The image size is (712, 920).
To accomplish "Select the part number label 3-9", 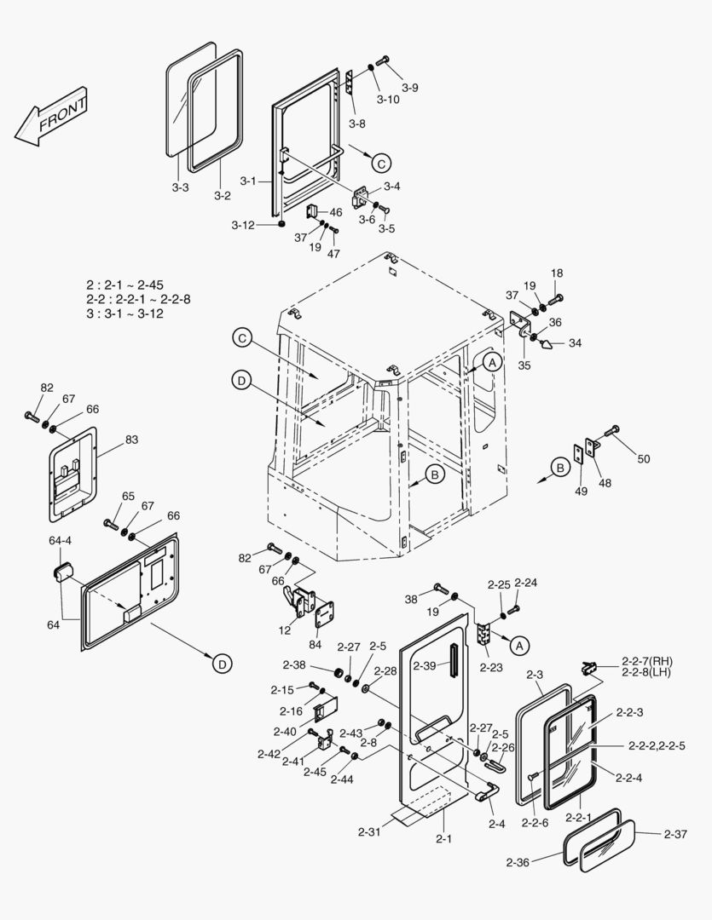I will (x=410, y=88).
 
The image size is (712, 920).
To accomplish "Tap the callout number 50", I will (x=643, y=459).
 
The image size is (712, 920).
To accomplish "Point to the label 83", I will (x=131, y=440).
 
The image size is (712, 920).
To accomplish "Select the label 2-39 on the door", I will (x=425, y=664).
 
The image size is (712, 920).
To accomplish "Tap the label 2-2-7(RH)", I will (x=648, y=661).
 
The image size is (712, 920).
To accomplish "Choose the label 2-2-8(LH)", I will (x=648, y=674).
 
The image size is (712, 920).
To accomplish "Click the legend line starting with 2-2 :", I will (x=138, y=299).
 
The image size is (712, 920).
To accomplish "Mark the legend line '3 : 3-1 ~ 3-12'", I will (x=124, y=313).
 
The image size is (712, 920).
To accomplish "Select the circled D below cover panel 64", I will (x=221, y=662).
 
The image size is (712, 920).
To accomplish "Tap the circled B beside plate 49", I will (x=559, y=468).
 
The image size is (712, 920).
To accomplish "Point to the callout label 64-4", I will (x=61, y=540).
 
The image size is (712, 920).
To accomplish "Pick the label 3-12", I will (x=243, y=225).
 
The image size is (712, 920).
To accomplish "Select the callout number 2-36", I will (x=518, y=863).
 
